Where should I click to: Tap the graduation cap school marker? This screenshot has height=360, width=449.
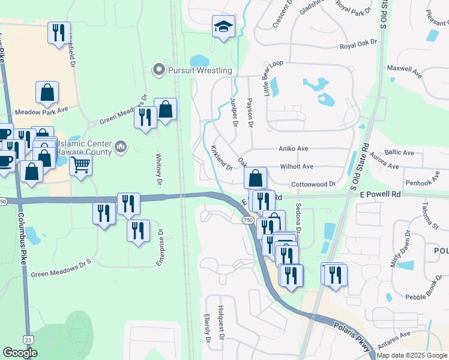(223, 27)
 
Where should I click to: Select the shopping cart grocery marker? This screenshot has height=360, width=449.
(80, 164)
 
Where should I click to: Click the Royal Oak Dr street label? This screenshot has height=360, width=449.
(358, 43)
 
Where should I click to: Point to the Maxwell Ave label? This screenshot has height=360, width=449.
(405, 68)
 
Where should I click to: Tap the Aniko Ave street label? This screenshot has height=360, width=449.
(293, 148)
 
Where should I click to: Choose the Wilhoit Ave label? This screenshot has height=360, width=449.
(297, 166)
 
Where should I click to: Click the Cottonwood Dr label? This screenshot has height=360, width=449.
(313, 184)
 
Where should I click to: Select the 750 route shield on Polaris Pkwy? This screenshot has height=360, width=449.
(248, 221)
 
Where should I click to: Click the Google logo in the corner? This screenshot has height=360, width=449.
(20, 353)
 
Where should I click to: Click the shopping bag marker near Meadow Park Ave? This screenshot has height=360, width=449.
(47, 93)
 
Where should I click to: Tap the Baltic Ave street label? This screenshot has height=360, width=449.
(400, 153)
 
